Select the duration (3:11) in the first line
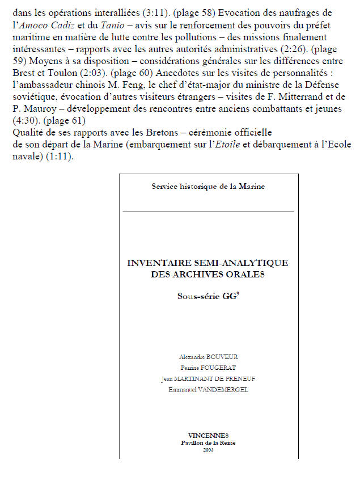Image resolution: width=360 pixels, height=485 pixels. [x=133, y=12]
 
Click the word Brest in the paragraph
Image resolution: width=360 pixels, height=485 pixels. [x=22, y=85]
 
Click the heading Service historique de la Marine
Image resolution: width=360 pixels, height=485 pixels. [x=208, y=185]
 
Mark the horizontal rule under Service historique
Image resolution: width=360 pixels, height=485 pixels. [x=208, y=211]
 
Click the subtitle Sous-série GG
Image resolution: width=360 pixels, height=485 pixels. [x=206, y=295]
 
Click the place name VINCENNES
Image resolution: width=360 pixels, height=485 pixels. [x=208, y=435]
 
